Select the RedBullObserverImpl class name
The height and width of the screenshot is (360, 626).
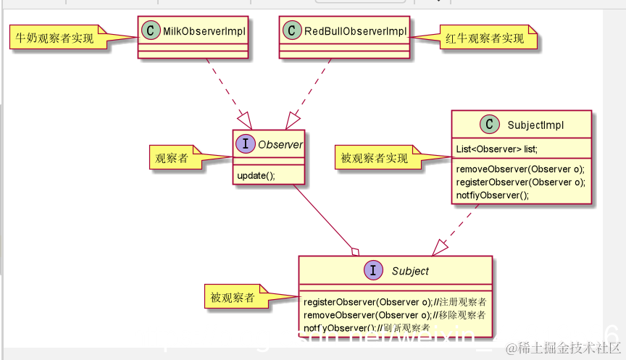(x=355, y=31)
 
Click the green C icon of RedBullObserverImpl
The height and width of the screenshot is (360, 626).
(x=292, y=31)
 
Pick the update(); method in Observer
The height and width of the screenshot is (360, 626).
(x=256, y=176)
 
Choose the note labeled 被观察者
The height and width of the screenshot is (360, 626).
(x=233, y=298)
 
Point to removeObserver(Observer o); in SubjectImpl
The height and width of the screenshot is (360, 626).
(x=520, y=169)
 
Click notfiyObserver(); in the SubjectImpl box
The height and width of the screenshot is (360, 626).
(x=493, y=195)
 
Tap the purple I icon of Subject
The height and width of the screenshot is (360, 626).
(x=373, y=271)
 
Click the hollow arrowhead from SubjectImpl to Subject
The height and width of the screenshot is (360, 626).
(x=441, y=248)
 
